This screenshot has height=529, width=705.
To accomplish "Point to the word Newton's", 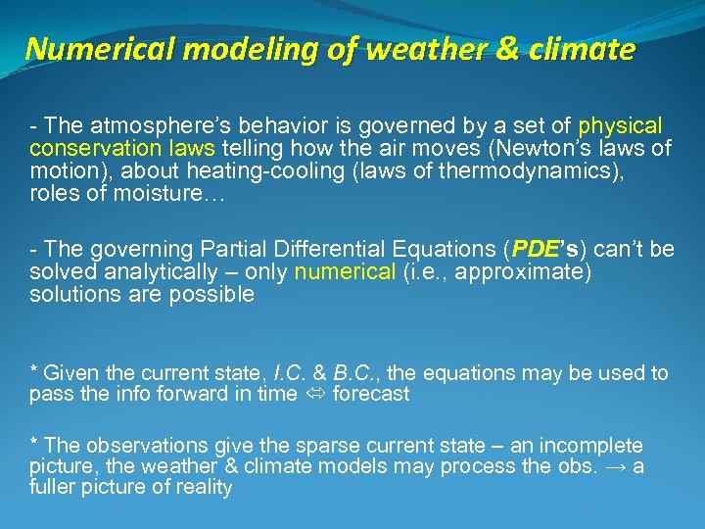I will point(557,149).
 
